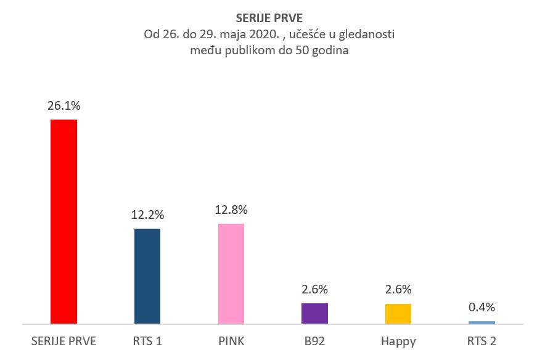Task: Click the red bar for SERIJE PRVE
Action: (x=64, y=221)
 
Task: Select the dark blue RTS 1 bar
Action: (x=147, y=276)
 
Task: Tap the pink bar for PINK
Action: (x=231, y=273)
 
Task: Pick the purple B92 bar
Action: (x=314, y=313)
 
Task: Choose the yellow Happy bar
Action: (x=398, y=313)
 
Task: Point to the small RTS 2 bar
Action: (x=482, y=322)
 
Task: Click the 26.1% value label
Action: (x=64, y=106)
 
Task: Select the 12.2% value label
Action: (x=147, y=215)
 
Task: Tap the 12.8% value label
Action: (x=231, y=210)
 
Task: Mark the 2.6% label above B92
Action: (x=314, y=290)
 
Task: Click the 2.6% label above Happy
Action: (x=398, y=290)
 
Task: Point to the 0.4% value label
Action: (x=482, y=307)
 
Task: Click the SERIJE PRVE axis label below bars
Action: (x=64, y=341)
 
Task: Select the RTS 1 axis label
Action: (x=147, y=341)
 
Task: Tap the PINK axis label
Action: (x=231, y=341)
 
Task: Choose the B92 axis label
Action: (x=314, y=341)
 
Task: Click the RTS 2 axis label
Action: (x=482, y=341)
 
